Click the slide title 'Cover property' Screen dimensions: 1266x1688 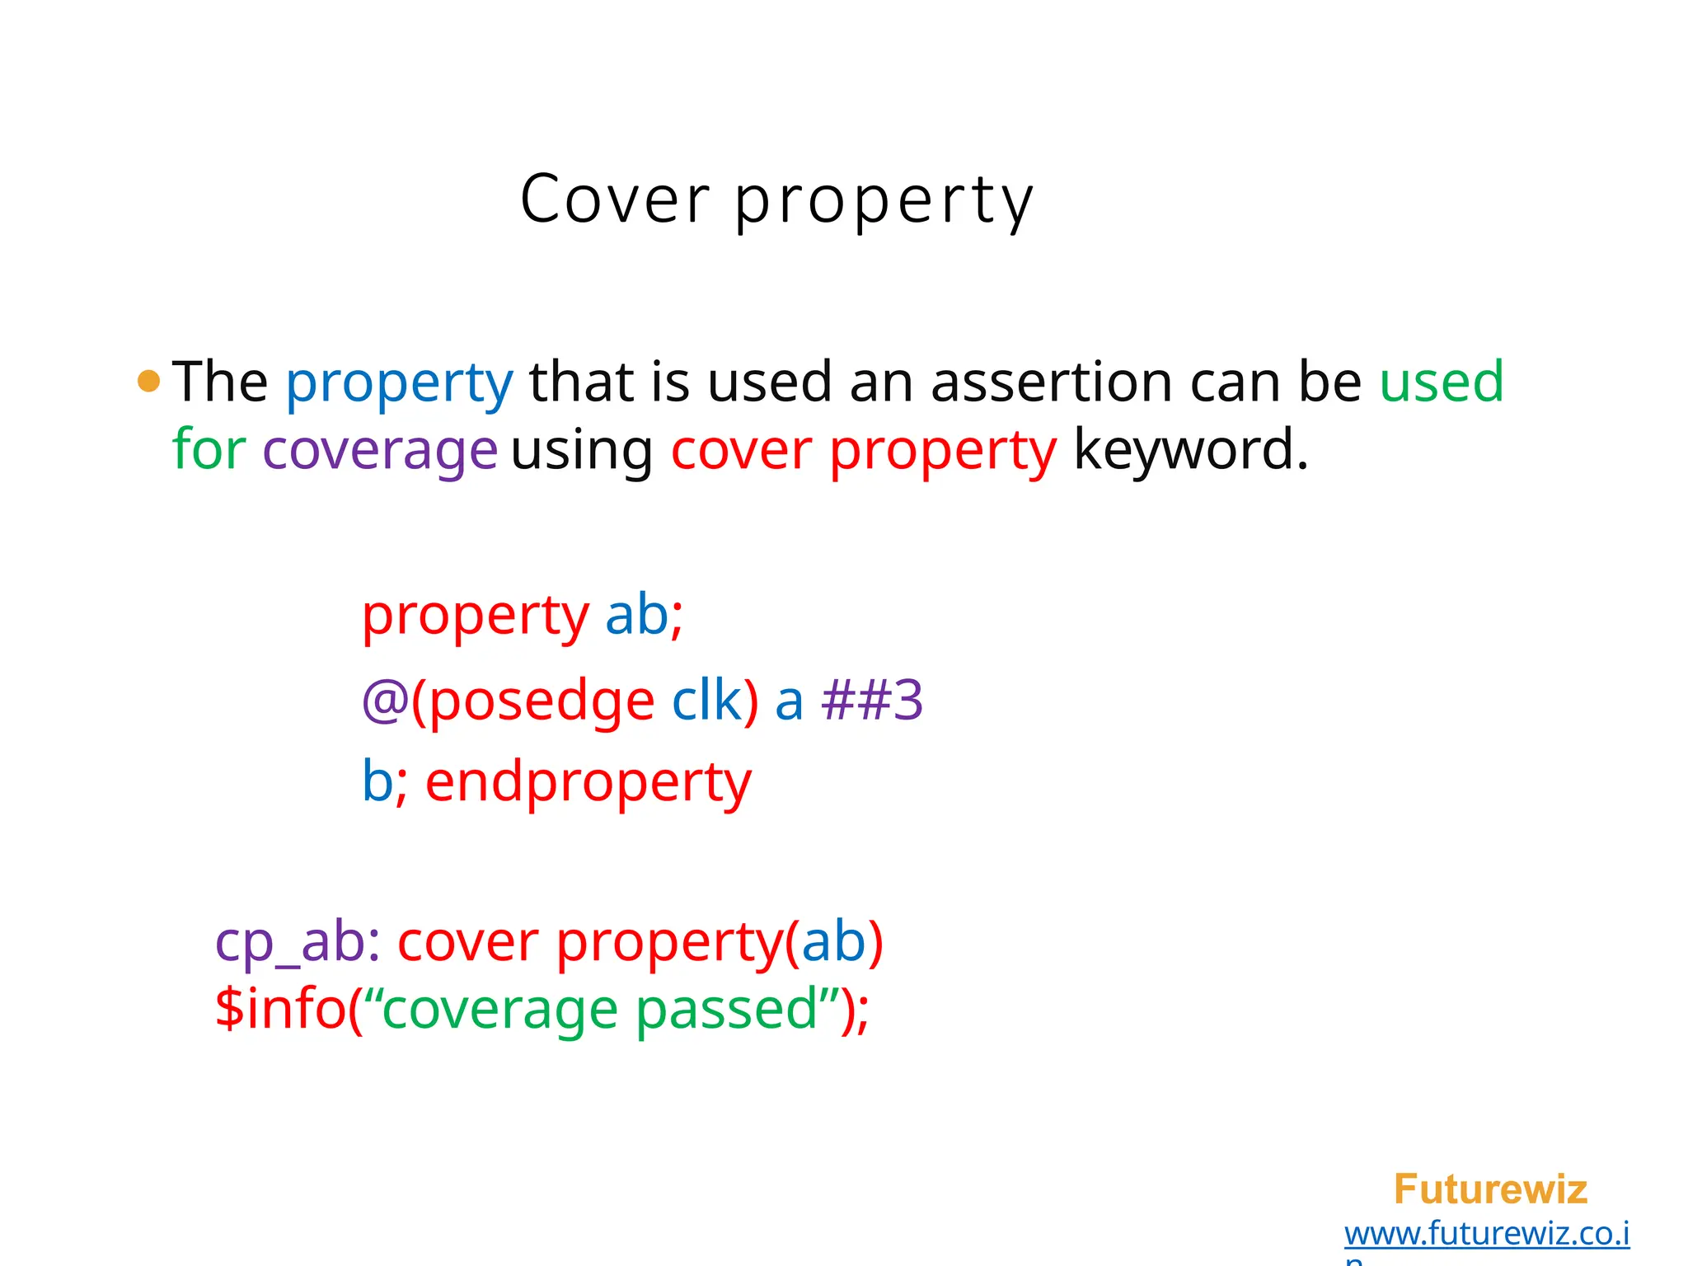click(x=776, y=199)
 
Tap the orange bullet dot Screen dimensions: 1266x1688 click(x=148, y=382)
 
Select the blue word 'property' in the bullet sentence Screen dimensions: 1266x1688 click(x=399, y=383)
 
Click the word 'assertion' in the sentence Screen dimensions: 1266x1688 click(x=1051, y=382)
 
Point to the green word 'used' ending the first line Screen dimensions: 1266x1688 click(x=1442, y=382)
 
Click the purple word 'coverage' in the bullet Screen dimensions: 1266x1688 click(x=380, y=452)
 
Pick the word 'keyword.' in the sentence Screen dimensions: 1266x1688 click(x=1191, y=451)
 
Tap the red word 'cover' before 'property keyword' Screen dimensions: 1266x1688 click(x=741, y=451)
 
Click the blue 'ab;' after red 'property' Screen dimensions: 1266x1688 click(x=645, y=615)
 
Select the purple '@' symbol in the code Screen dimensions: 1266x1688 click(x=385, y=701)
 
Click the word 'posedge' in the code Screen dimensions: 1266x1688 click(x=542, y=701)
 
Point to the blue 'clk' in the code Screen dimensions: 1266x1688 click(x=706, y=701)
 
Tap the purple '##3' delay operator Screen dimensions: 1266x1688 click(x=872, y=701)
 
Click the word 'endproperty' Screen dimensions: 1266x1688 click(x=588, y=783)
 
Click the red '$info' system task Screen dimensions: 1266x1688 click(x=279, y=1009)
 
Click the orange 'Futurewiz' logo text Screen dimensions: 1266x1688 click(x=1490, y=1189)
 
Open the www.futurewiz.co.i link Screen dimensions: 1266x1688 click(x=1486, y=1234)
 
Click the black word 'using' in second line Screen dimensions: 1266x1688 click(x=582, y=452)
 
